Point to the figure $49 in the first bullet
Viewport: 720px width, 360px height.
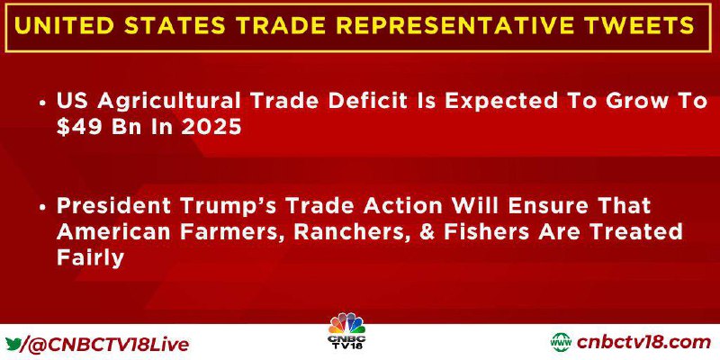tap(80, 128)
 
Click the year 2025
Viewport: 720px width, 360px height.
tap(211, 128)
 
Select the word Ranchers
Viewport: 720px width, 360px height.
tap(355, 232)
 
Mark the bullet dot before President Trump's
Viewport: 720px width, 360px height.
tap(42, 208)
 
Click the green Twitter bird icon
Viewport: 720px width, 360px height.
tap(13, 344)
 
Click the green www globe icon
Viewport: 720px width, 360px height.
tap(561, 343)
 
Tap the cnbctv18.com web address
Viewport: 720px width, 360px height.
tap(643, 343)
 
